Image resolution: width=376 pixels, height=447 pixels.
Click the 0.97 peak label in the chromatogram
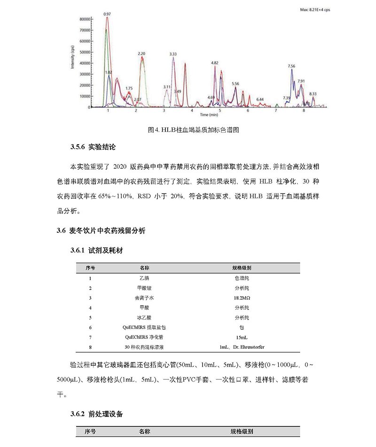[x=107, y=14]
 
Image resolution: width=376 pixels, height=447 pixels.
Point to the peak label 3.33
[x=173, y=54]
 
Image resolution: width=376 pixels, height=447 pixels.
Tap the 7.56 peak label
[x=291, y=66]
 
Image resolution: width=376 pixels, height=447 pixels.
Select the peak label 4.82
[x=215, y=63]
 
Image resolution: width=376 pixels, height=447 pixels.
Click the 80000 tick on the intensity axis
[x=84, y=19]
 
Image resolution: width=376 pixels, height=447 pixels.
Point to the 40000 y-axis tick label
[x=84, y=63]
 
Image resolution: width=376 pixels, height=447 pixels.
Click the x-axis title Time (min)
[x=209, y=114]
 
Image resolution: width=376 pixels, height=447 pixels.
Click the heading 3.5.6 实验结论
[x=93, y=147]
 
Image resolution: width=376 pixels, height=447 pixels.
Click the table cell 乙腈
[x=145, y=278]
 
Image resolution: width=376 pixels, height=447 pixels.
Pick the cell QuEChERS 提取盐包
[x=145, y=327]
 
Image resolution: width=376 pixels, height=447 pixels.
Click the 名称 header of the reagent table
[x=145, y=267]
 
